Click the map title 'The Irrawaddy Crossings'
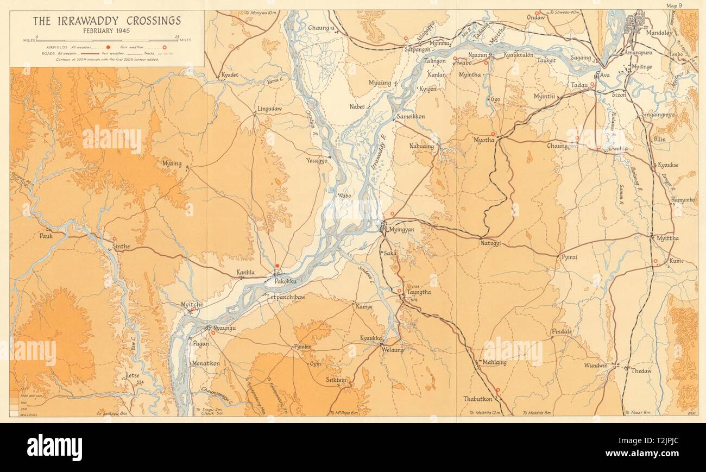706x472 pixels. (x=106, y=21)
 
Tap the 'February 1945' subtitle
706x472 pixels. (x=106, y=32)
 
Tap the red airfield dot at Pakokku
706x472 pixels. (x=277, y=266)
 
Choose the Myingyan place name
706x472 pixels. (x=401, y=230)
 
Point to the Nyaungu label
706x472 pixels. (x=224, y=328)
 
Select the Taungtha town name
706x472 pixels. (x=418, y=292)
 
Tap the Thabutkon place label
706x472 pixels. (x=478, y=399)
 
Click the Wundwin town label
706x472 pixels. (x=596, y=366)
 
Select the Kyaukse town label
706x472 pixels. (x=668, y=165)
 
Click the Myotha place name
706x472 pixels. (x=484, y=140)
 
